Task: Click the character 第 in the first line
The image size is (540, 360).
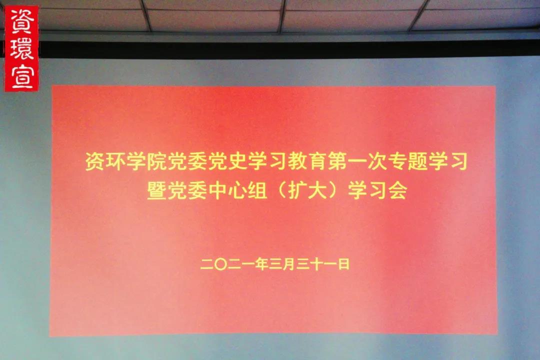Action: click(337, 161)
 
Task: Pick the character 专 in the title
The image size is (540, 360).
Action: click(398, 161)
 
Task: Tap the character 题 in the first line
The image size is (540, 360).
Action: click(417, 161)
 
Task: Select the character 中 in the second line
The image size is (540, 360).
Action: click(217, 190)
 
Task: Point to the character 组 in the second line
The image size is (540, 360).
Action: click(257, 190)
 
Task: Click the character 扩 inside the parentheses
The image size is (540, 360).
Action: click(297, 190)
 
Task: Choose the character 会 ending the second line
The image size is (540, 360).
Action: click(397, 190)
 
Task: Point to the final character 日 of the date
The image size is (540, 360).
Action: click(343, 264)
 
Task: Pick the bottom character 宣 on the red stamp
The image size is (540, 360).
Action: click(22, 76)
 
